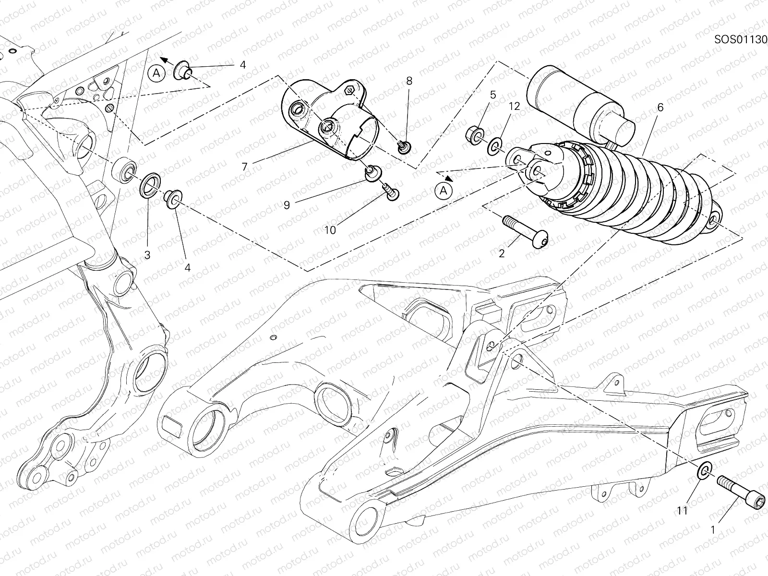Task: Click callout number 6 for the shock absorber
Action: pos(660,108)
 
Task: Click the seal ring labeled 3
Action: pos(150,185)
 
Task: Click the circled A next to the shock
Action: pos(444,191)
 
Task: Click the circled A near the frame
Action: pos(156,73)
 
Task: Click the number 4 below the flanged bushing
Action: pos(188,267)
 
